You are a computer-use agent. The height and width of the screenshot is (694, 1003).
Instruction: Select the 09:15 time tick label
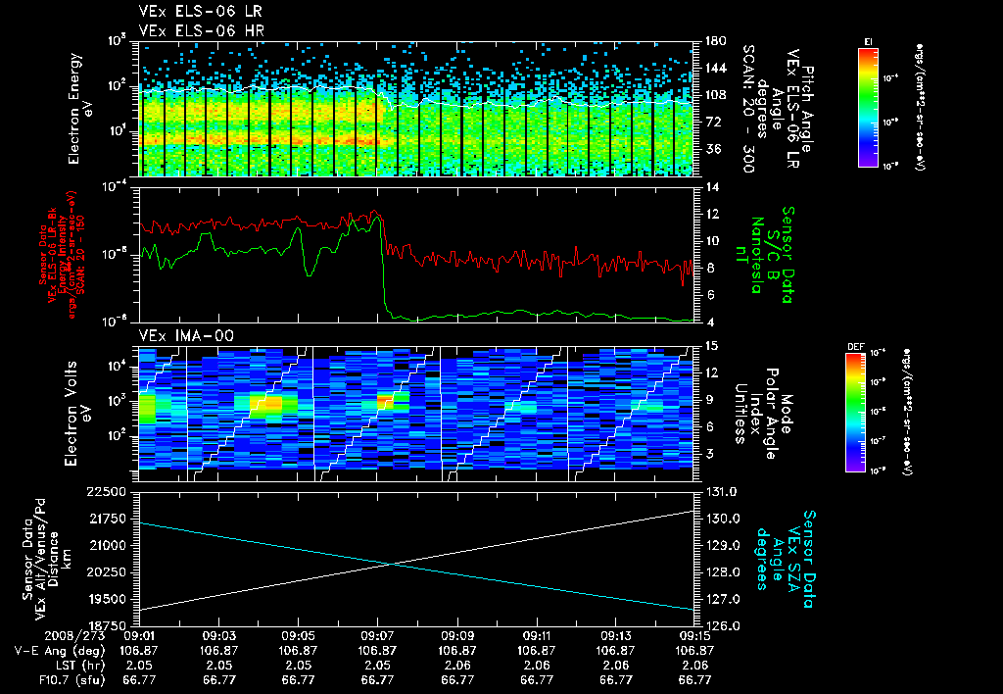coord(694,635)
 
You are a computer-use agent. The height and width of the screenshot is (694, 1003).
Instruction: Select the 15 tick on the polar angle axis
coord(711,345)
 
